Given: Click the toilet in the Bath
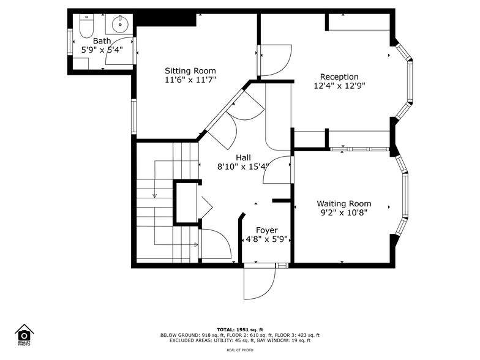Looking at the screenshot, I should pos(85,28).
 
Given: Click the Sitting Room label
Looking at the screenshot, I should pos(190,71).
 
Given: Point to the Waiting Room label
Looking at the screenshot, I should pos(343,204).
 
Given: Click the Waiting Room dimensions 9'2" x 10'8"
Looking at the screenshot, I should pos(343,214).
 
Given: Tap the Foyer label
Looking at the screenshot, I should pos(266,230).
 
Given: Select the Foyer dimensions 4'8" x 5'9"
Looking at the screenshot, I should pos(266,239).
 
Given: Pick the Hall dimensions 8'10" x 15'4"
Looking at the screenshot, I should pos(243,167).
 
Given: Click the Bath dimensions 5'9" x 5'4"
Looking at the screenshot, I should pos(102,50).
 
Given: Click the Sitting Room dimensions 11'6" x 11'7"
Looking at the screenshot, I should pos(190,80).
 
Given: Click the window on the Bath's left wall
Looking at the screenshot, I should pos(69,42).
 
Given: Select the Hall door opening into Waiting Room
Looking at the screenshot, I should pos(279,170).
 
